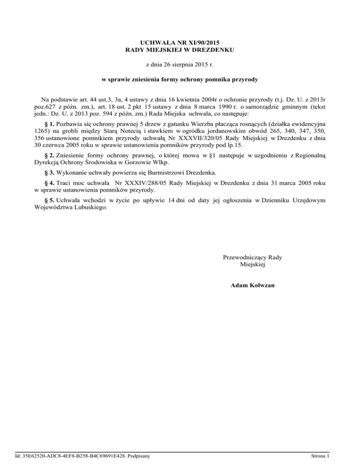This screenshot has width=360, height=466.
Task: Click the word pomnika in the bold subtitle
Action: pos(214,80)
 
